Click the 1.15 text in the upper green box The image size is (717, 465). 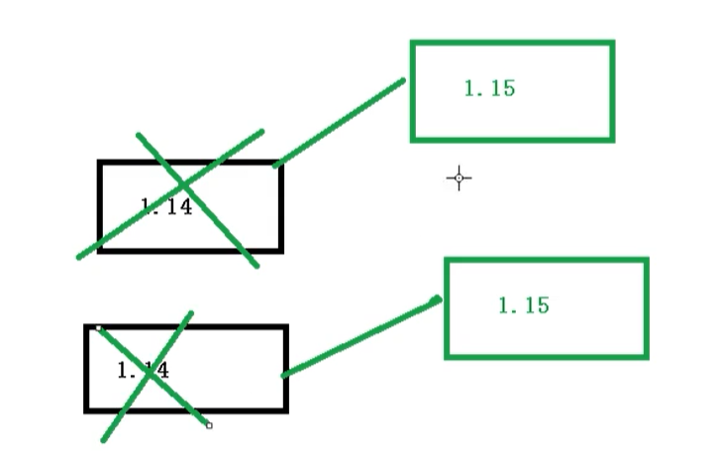point(489,88)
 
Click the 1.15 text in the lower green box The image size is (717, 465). point(523,305)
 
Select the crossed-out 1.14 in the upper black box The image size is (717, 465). point(166,207)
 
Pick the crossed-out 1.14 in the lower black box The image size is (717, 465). point(144,371)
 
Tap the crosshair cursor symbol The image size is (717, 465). point(459,178)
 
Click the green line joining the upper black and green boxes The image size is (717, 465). point(339,122)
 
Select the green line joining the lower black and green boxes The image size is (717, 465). point(360,336)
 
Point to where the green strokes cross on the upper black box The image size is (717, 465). point(183,185)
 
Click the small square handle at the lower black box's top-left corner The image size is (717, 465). point(98,327)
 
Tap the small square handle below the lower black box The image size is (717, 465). point(209,425)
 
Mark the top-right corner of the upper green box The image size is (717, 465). point(612,43)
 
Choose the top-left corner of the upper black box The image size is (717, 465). point(100,163)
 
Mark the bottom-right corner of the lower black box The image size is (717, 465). point(285,409)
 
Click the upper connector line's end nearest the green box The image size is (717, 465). point(403,80)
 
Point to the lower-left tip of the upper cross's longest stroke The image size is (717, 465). point(79,258)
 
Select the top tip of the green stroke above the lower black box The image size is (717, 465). point(191,313)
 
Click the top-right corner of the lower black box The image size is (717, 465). point(285,326)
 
